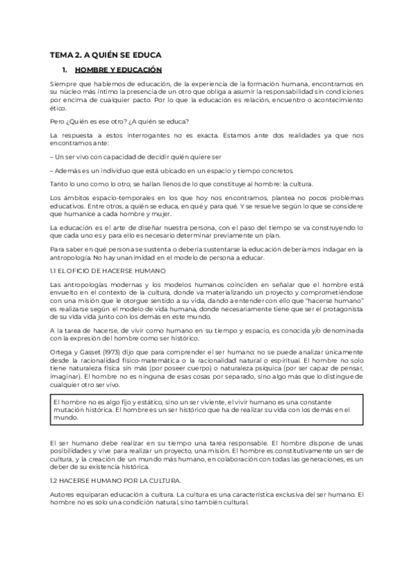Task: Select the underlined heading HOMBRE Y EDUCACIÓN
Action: [118, 70]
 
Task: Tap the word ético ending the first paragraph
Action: [59, 108]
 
